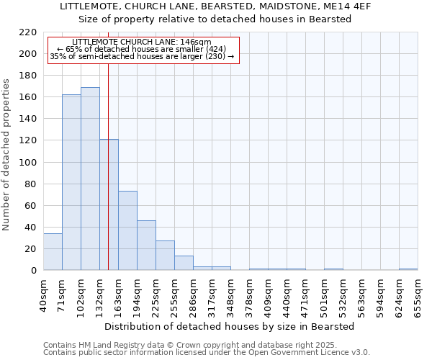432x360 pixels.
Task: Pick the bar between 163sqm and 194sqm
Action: click(127, 230)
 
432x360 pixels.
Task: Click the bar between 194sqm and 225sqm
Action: click(146, 246)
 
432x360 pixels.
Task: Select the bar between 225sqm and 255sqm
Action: click(165, 256)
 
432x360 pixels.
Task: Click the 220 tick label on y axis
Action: click(27, 32)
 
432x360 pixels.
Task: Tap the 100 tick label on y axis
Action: click(27, 162)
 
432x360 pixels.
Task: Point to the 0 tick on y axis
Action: click(33, 271)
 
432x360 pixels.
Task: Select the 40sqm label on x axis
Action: click(43, 295)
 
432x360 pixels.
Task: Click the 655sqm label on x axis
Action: click(418, 295)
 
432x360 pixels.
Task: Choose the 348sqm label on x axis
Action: click(230, 295)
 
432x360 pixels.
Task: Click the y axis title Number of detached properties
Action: click(7, 151)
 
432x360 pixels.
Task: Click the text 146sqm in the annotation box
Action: click(197, 42)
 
